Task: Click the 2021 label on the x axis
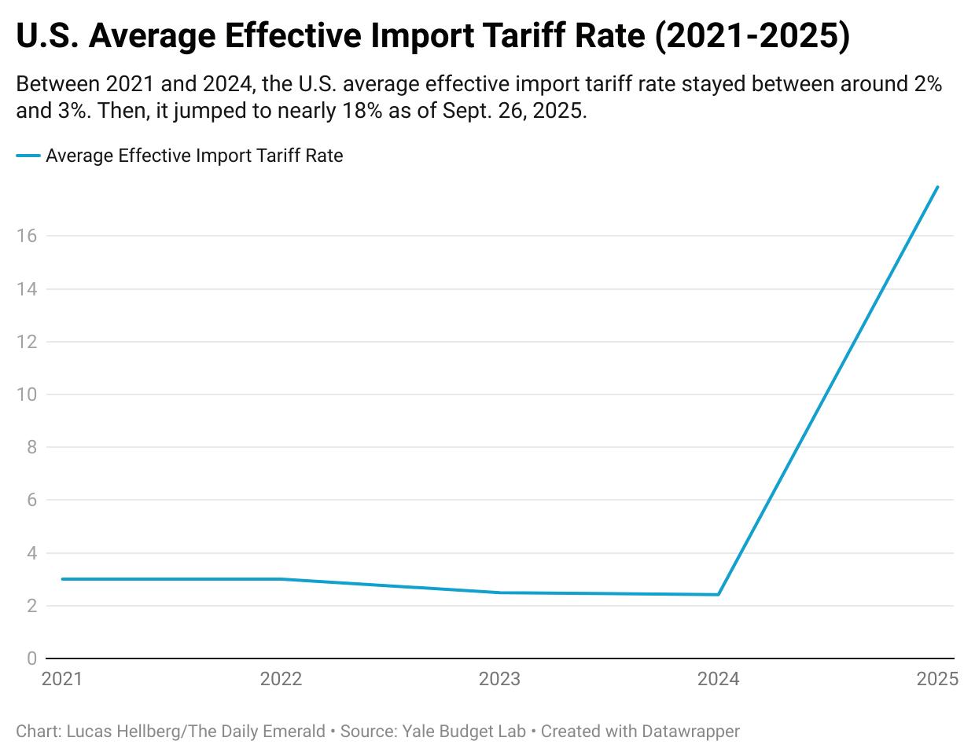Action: click(x=61, y=679)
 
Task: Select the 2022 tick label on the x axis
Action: click(x=281, y=679)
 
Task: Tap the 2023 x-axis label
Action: click(x=499, y=679)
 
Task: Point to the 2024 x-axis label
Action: click(x=719, y=679)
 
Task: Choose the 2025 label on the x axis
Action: click(x=937, y=679)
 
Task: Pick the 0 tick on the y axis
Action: click(x=31, y=658)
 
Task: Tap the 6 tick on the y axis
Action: click(x=31, y=500)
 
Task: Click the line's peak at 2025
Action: click(x=937, y=187)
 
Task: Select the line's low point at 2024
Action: click(x=719, y=595)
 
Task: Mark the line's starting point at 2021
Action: click(x=62, y=579)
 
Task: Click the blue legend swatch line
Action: click(x=28, y=156)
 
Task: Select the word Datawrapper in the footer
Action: click(x=690, y=732)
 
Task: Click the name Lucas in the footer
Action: click(x=87, y=732)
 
